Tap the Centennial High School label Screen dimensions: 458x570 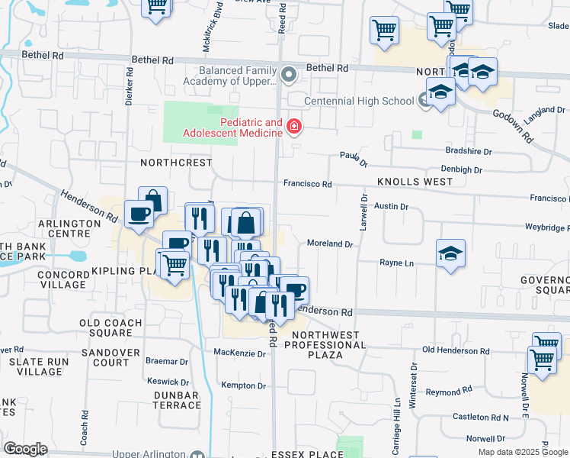point(359,101)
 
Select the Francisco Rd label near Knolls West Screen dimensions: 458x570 point(308,184)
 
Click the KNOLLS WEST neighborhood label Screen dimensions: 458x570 point(415,182)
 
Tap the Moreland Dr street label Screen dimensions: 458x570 point(330,244)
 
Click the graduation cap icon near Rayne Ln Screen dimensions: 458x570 point(450,254)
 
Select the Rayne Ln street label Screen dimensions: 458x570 point(397,263)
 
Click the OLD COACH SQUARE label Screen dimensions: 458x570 point(110,328)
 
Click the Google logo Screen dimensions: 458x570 point(24,449)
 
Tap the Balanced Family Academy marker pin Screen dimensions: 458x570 point(289,75)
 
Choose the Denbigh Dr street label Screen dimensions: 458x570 point(461,169)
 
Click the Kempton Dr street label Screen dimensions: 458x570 point(243,386)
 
